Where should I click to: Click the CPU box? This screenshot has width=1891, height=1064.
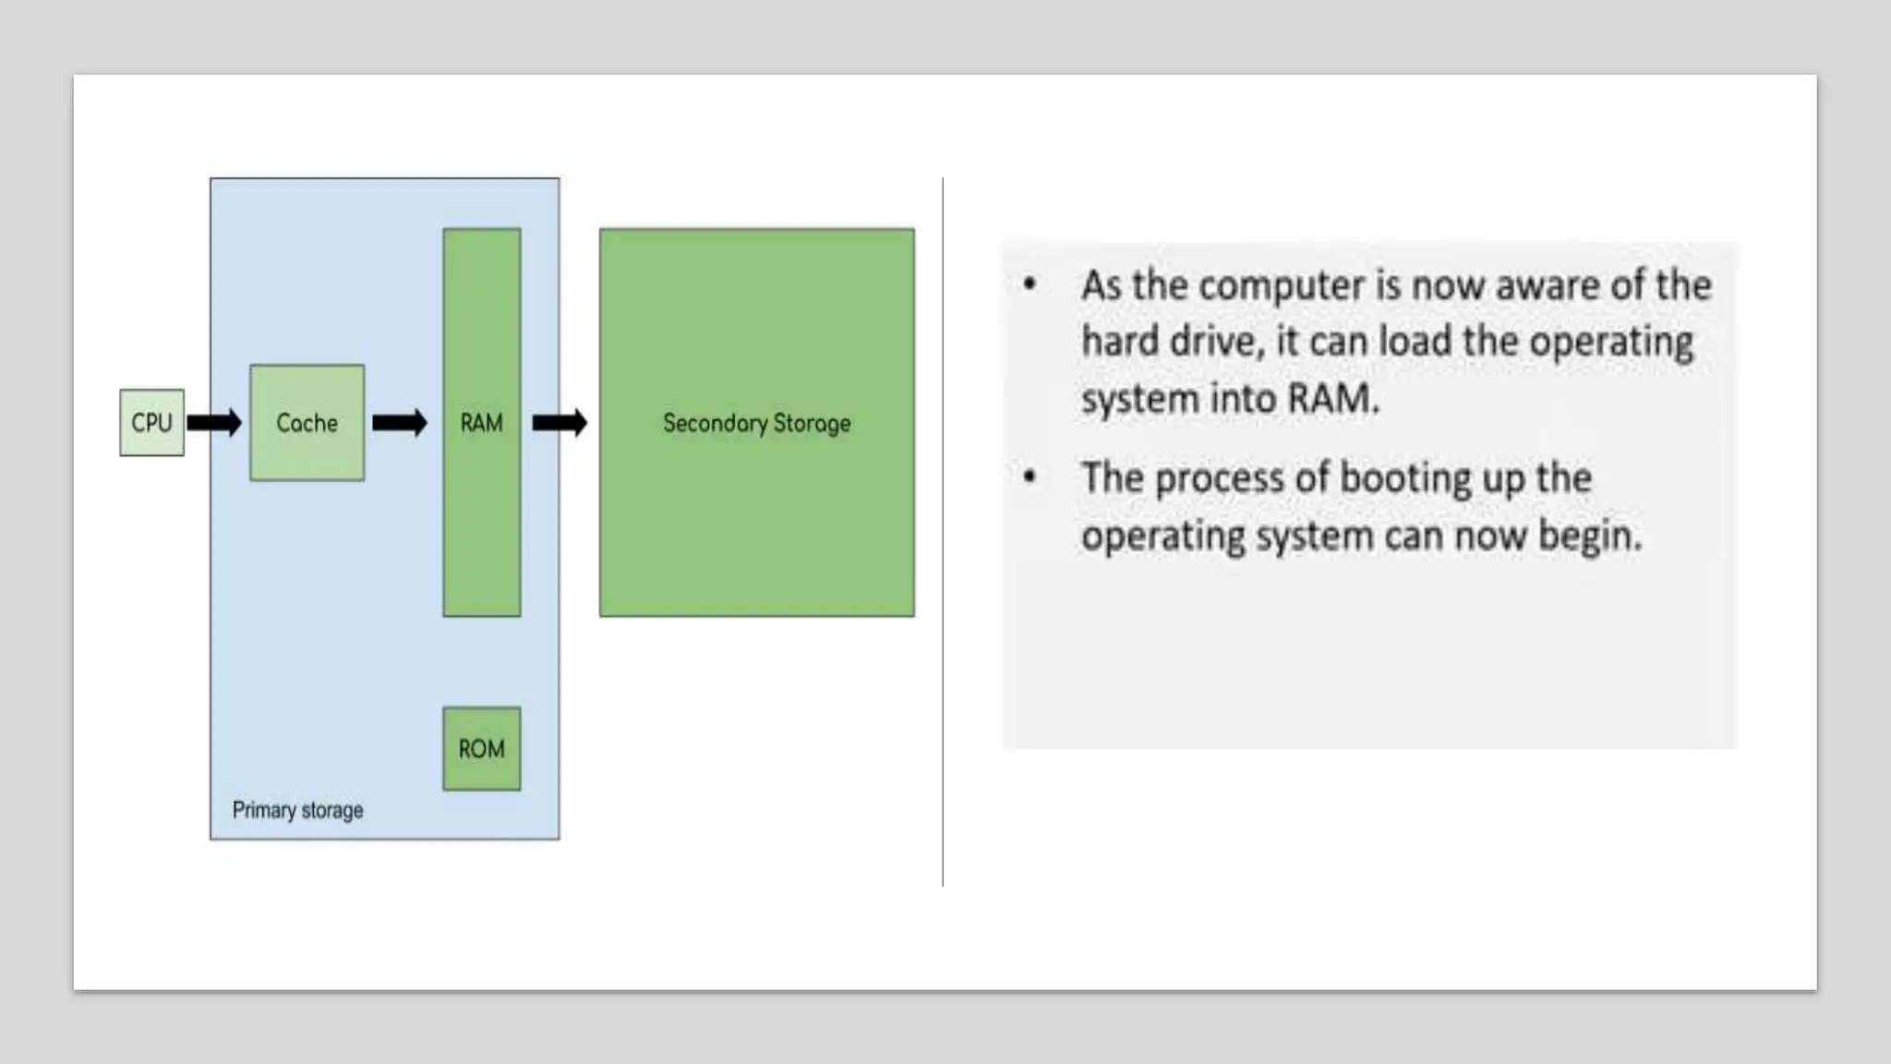[151, 423]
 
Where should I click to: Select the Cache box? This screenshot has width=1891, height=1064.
[307, 423]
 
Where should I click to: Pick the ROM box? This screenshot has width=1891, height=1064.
[481, 748]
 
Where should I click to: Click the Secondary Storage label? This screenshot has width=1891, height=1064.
[756, 423]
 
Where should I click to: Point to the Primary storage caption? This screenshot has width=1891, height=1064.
[297, 810]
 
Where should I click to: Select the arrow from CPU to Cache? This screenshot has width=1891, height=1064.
[214, 423]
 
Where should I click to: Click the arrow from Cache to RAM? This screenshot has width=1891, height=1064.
[400, 423]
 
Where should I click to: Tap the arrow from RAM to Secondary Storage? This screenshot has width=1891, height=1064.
[560, 423]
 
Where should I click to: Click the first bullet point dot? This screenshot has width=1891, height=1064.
[1030, 284]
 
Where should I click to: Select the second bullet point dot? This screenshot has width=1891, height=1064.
[1030, 478]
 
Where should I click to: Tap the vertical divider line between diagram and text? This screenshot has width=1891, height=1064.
[943, 531]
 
